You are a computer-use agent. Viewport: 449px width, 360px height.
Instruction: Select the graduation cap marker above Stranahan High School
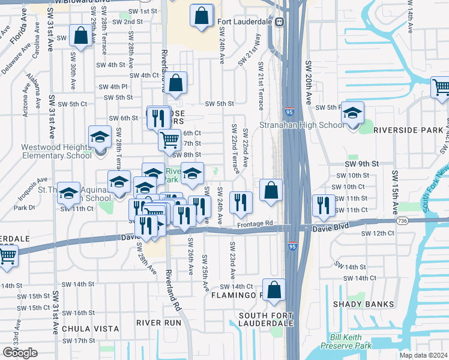[x=354, y=112]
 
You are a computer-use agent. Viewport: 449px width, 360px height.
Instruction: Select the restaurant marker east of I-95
[x=324, y=205]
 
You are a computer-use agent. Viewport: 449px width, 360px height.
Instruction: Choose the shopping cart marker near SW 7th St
[x=169, y=140]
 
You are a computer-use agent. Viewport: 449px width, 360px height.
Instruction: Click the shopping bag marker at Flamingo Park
[x=274, y=290]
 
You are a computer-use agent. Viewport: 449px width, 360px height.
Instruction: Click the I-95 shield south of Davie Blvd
[x=292, y=247]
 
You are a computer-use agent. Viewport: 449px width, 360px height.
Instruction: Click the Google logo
[x=20, y=352]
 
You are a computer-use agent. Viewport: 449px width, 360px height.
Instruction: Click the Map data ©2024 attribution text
[x=423, y=355]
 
